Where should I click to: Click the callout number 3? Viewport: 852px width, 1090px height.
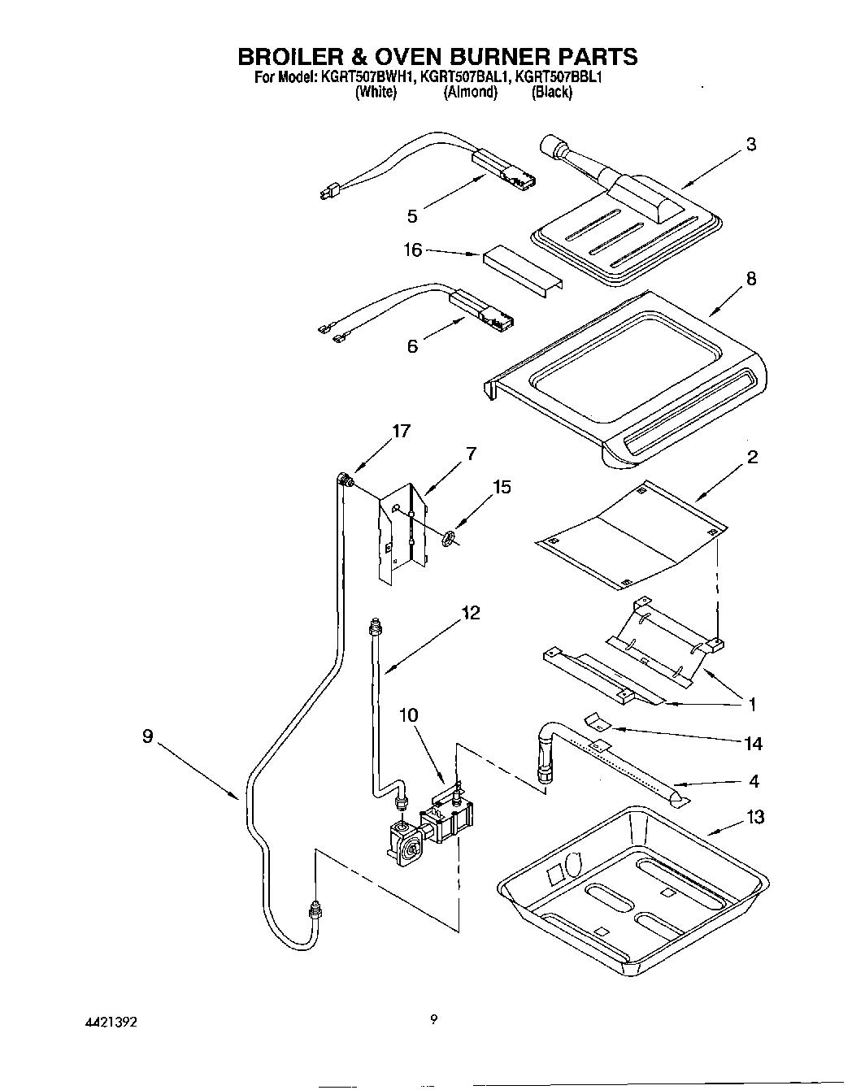coord(750,145)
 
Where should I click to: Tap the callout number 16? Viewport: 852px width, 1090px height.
coord(413,250)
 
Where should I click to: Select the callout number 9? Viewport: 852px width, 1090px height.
coord(147,736)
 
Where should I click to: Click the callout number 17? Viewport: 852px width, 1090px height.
coord(402,432)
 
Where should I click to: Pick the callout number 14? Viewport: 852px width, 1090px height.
coord(753,743)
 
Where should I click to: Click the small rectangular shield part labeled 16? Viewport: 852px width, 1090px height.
coord(520,268)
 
